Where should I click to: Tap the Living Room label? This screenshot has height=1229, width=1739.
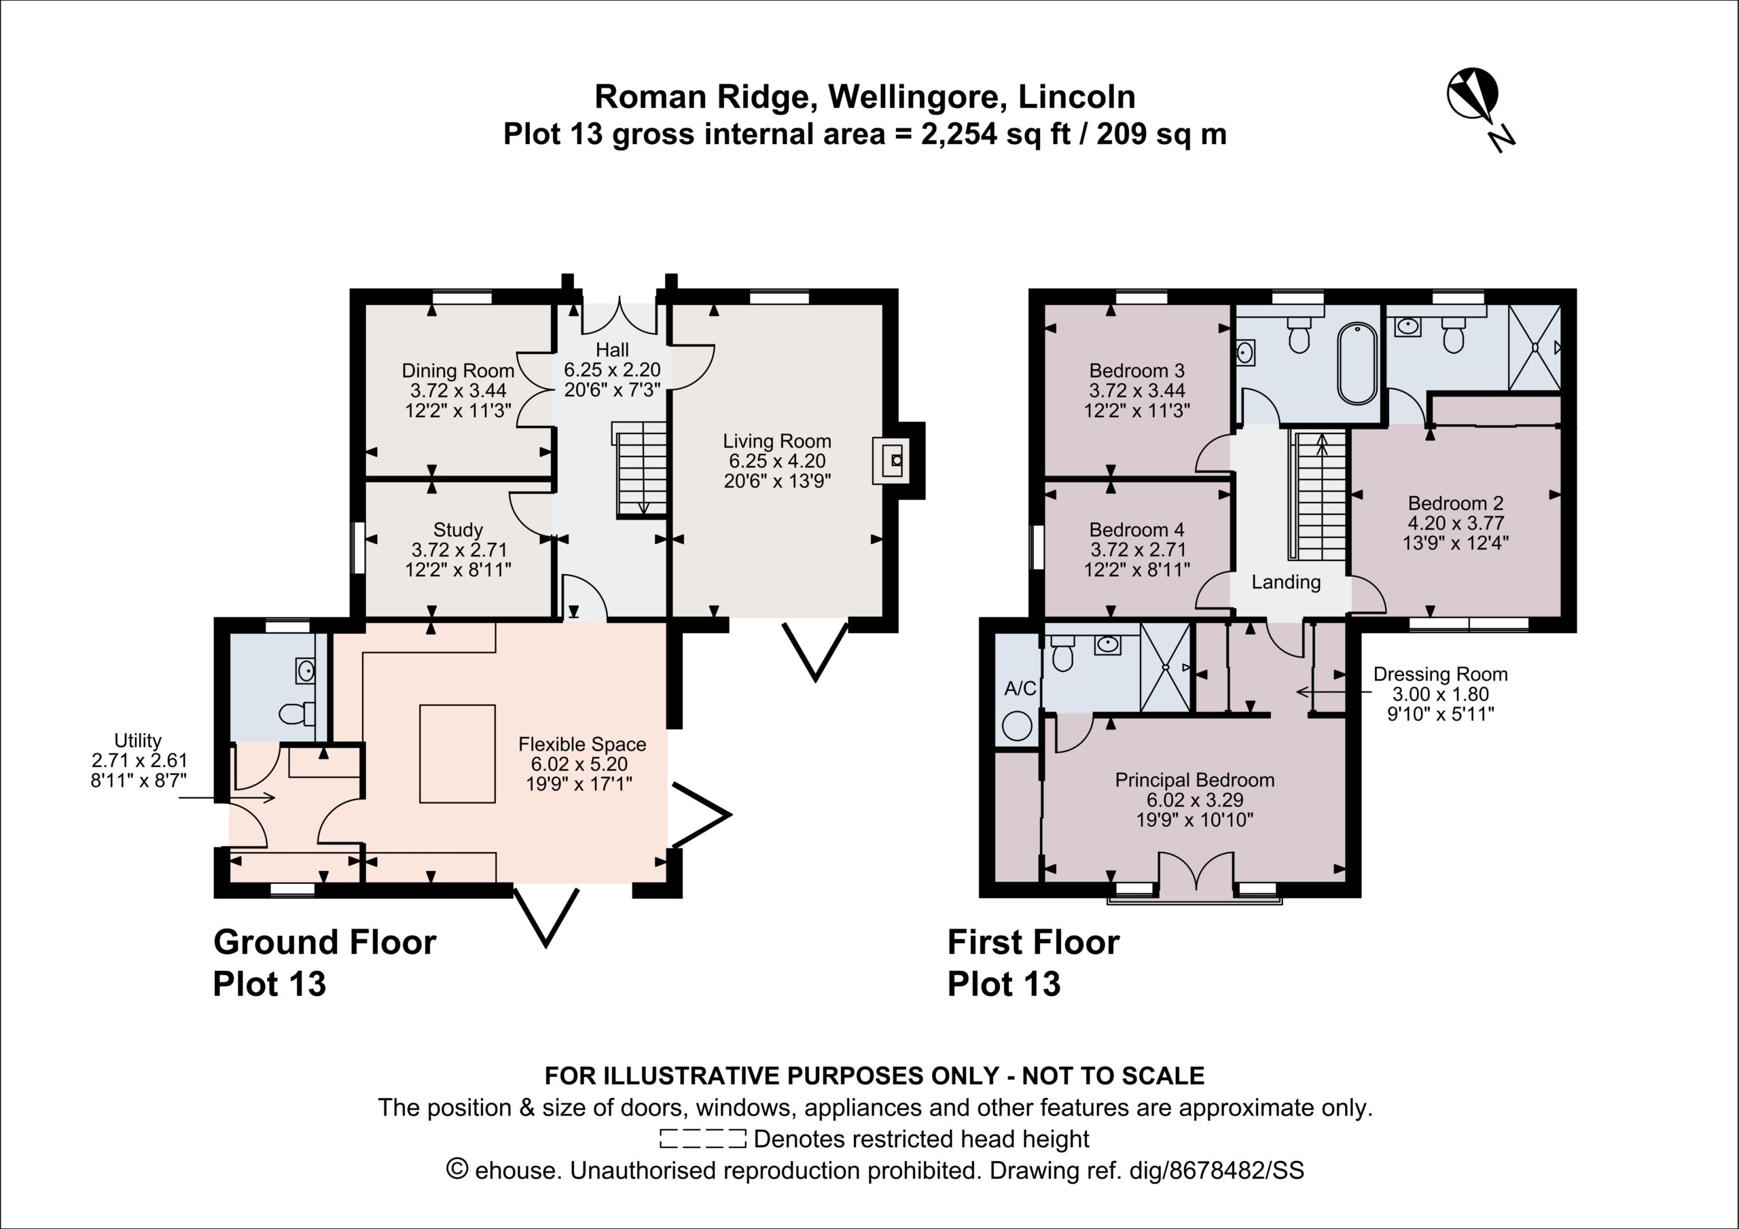pyautogui.click(x=776, y=461)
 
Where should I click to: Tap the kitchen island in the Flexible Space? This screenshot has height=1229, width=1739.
pyautogui.click(x=457, y=753)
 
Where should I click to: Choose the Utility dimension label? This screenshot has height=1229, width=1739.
pyautogui.click(x=138, y=760)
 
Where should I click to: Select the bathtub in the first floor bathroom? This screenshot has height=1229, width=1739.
pyautogui.click(x=1357, y=363)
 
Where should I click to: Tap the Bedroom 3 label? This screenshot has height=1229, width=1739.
pyautogui.click(x=1137, y=390)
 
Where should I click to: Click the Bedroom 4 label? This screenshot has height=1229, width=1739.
pyautogui.click(x=1137, y=550)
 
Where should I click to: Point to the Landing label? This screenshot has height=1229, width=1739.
pyautogui.click(x=1286, y=582)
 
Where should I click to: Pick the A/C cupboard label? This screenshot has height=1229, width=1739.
pyautogui.click(x=1020, y=689)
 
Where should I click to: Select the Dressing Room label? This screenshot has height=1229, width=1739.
pyautogui.click(x=1440, y=693)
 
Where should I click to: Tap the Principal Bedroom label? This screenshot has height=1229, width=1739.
pyautogui.click(x=1194, y=800)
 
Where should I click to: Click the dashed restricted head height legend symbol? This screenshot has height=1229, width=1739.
pyautogui.click(x=703, y=1138)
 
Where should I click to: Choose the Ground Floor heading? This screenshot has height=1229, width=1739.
pyautogui.click(x=325, y=942)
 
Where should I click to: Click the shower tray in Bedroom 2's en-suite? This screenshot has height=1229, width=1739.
pyautogui.click(x=1535, y=348)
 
